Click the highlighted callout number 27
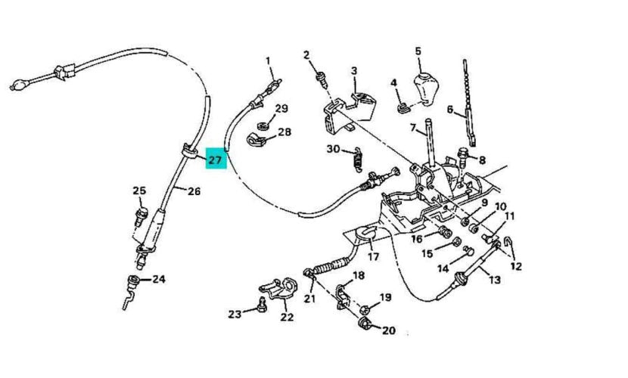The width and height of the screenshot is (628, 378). coord(215,160)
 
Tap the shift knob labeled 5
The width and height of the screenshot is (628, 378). coord(421,89)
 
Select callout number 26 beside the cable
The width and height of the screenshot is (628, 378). coord(194,191)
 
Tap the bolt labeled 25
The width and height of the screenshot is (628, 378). coord(138,214)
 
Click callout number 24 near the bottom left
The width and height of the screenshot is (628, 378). coord(158,278)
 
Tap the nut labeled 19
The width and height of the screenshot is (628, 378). coord(365,308)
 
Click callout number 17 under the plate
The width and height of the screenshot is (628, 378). coord(373,256)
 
